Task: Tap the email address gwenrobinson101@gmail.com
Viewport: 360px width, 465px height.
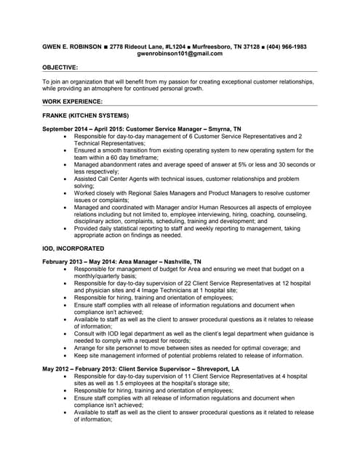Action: (x=180, y=54)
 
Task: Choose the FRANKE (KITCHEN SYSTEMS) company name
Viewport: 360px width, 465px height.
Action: (x=85, y=116)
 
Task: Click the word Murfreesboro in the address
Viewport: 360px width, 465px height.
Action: (x=207, y=46)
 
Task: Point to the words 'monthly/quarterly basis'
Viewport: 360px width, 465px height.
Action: (x=110, y=275)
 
